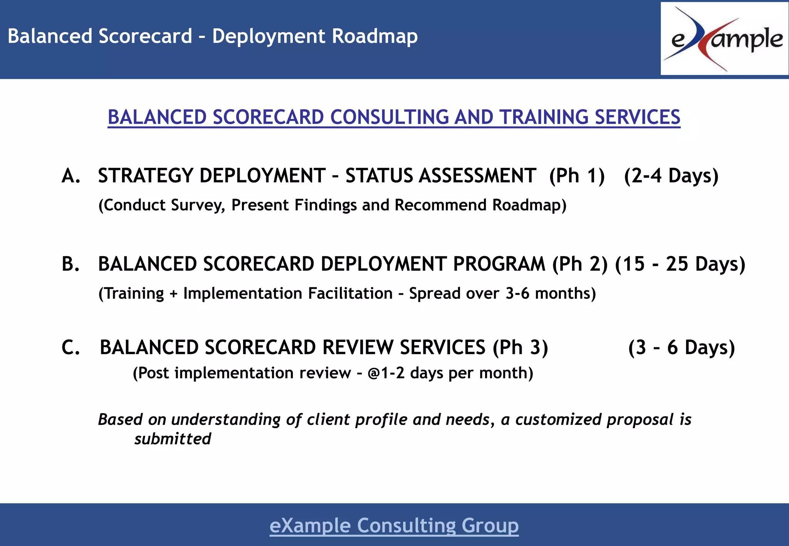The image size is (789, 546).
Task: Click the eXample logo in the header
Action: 724,39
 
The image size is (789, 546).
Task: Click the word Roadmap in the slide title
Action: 374,36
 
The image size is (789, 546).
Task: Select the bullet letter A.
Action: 71,176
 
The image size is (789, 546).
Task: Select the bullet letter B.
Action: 71,265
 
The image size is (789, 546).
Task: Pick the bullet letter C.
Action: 71,348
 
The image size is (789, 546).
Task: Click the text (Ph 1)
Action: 577,176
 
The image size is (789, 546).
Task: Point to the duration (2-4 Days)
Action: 671,176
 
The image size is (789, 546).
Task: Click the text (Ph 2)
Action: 580,265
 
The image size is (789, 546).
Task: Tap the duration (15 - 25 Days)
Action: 680,265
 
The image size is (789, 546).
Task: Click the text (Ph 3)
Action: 520,348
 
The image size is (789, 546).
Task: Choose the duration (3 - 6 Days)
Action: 681,348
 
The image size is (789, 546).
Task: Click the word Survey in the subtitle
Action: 198,205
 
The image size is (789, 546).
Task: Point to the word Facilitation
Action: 350,294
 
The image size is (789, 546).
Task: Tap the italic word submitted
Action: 173,439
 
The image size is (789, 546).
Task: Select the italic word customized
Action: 558,420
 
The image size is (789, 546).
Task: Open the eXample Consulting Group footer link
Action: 394,526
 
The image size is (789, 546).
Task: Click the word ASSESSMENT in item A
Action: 477,176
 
